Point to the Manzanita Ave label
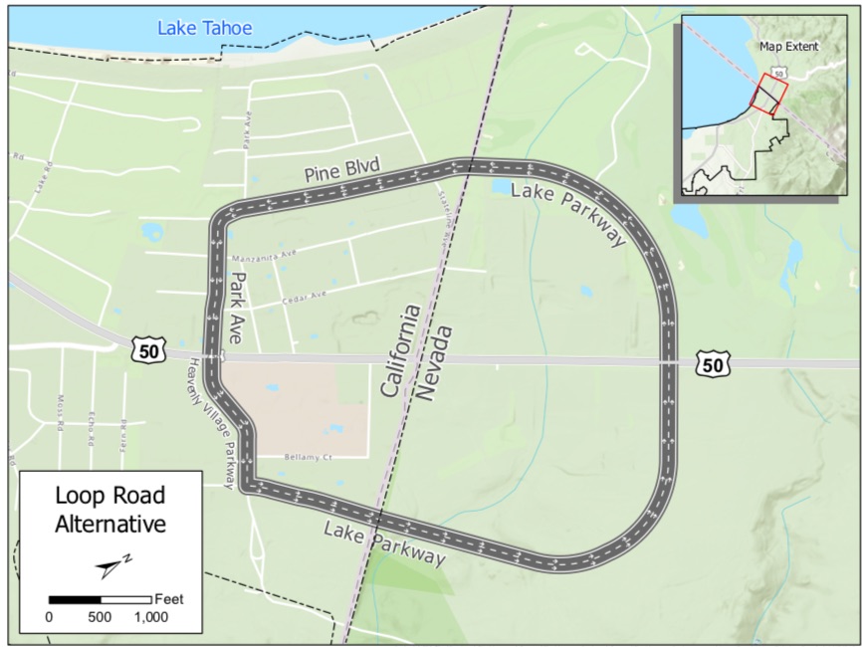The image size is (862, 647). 263,255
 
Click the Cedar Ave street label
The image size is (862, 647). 305,297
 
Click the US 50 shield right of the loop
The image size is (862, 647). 712,364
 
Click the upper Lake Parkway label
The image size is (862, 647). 568,214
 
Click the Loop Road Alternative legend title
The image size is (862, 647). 109,509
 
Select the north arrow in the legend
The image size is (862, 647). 112,565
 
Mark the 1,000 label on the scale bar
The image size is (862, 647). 151,617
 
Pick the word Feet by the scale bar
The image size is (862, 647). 169,599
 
